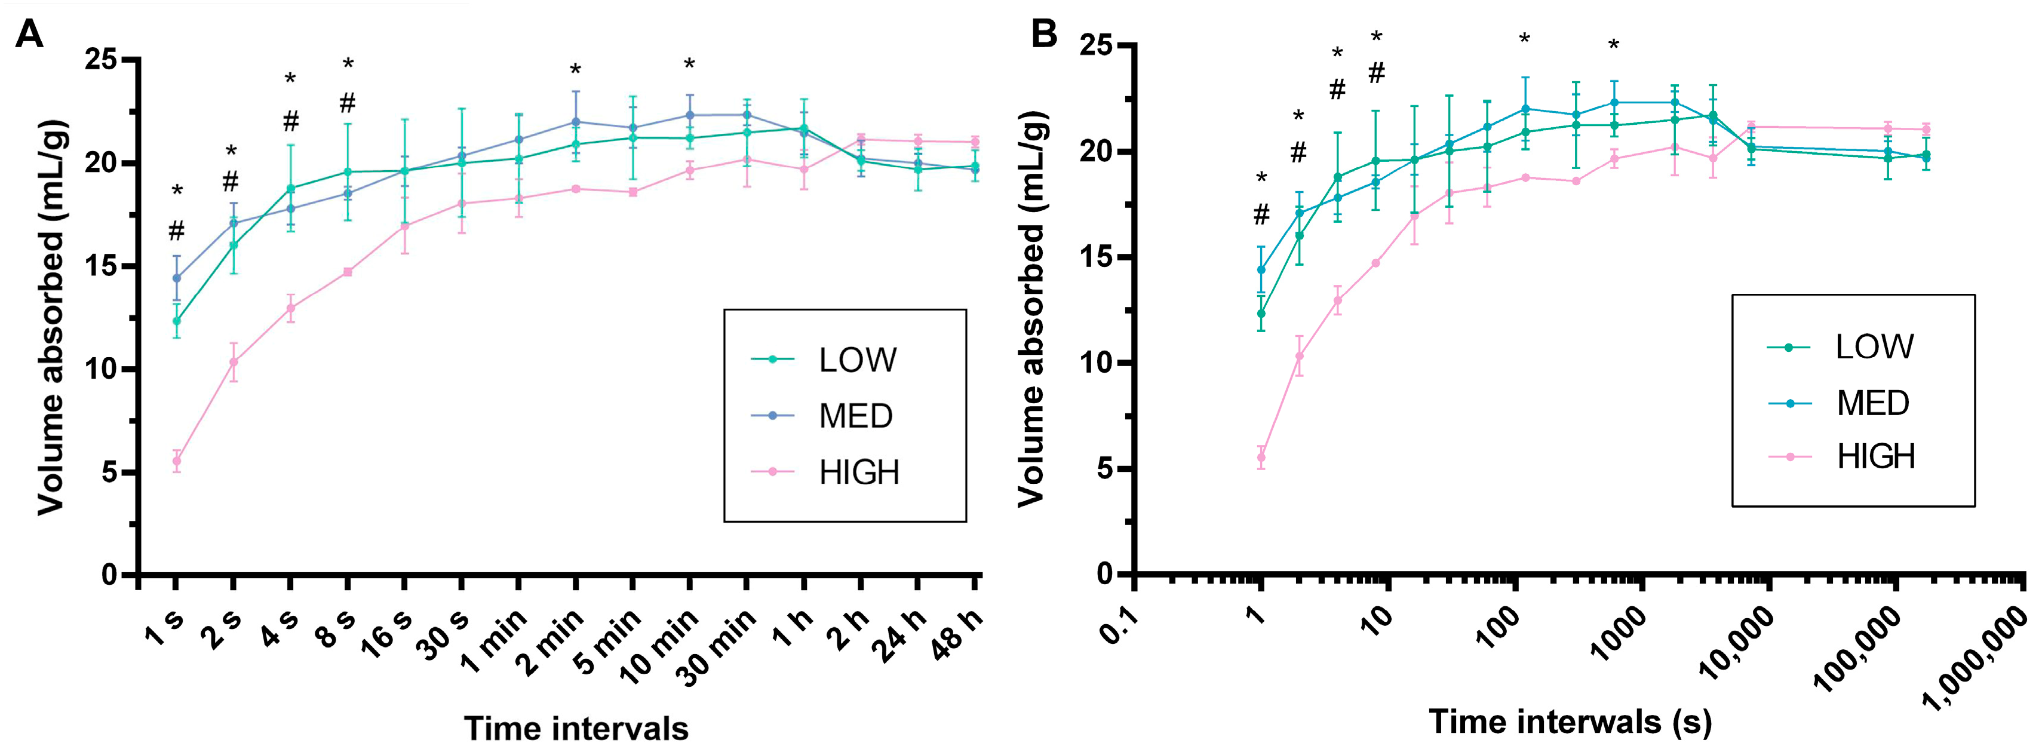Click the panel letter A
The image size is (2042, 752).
[29, 34]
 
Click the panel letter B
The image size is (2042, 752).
[1044, 34]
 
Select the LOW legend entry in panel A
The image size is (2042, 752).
[857, 361]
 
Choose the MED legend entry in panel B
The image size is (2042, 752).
[1872, 403]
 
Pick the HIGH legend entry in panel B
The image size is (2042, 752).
[1875, 457]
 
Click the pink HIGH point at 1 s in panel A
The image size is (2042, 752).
[176, 461]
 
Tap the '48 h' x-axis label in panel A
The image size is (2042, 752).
[957, 634]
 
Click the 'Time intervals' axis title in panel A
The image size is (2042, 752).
[576, 728]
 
